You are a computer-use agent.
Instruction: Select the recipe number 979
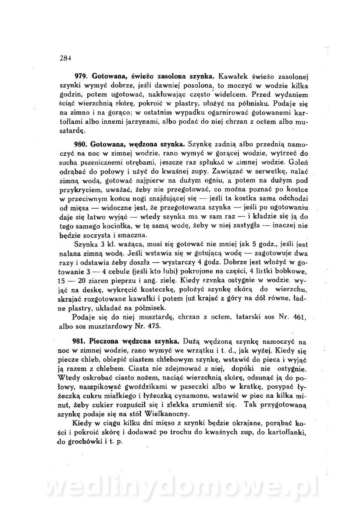[x=82, y=75]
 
